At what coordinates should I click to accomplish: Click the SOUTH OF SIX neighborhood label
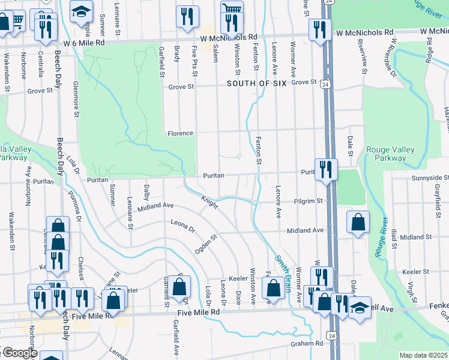pos(257,84)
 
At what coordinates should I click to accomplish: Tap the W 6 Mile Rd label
pos(83,43)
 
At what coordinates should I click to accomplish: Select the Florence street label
pos(180,133)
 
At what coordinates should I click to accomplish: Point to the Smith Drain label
pos(283,270)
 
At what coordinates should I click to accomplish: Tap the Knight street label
pos(209,202)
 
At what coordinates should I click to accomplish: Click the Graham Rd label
pos(307,343)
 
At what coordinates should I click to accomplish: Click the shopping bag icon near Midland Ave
pos(358,221)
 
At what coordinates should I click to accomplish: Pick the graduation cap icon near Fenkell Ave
pos(360,307)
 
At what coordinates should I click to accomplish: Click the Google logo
pos(19,353)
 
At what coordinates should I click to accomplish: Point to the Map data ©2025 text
pos(424,355)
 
